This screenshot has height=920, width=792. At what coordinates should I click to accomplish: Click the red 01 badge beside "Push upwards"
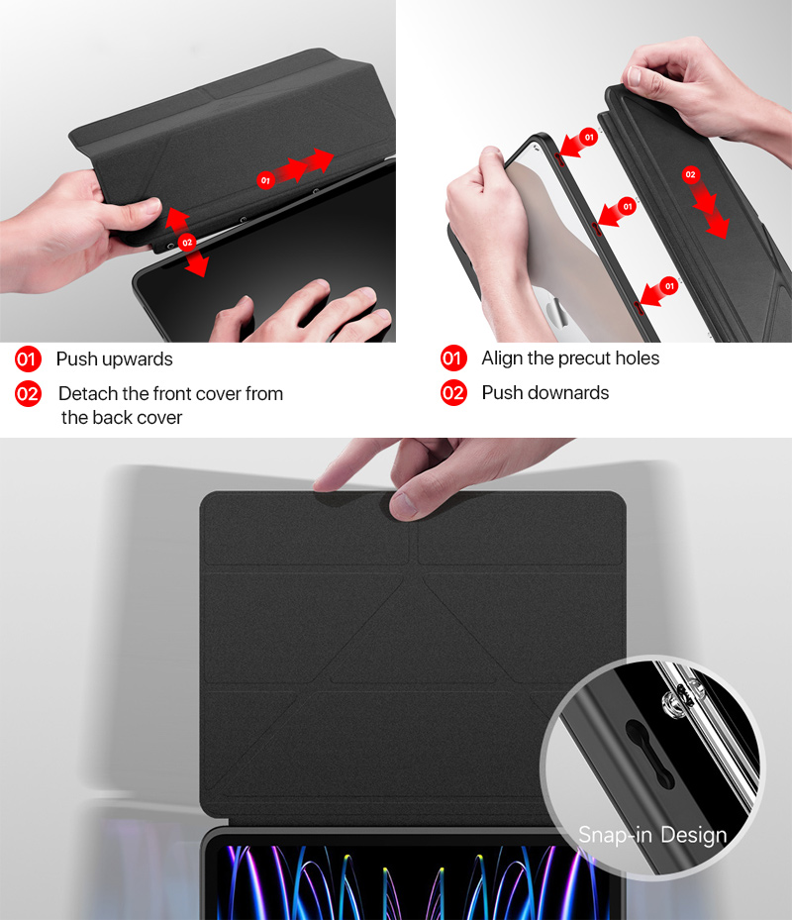coord(28,359)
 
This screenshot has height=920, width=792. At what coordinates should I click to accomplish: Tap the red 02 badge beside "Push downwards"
coord(453,393)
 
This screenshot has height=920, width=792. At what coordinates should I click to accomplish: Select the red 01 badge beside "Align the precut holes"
coord(453,358)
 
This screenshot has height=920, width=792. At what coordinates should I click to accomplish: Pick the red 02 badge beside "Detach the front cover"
coord(28,394)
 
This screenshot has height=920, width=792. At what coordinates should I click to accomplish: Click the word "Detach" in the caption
coord(87,394)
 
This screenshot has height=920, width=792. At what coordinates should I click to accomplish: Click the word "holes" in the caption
coord(638,358)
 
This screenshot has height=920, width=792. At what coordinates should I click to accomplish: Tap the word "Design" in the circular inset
coord(694,835)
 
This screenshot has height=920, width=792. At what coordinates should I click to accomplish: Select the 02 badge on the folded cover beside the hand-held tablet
coord(691,175)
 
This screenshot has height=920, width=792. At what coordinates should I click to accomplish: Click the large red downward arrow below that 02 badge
coord(711,213)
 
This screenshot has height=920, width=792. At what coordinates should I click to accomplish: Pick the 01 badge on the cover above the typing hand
coord(264,180)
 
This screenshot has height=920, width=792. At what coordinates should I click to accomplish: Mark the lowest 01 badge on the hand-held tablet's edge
coord(670,286)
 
